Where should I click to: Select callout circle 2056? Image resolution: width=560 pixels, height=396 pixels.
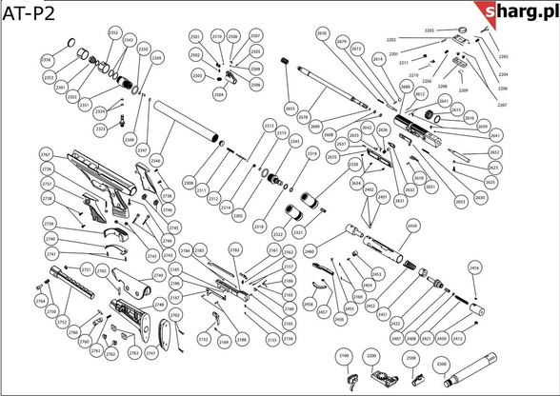[47, 60]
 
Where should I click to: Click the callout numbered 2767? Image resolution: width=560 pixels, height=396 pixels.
[45, 154]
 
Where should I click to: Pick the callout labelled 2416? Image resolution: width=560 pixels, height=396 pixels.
[474, 269]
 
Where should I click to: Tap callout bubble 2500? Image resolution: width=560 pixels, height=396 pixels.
[411, 358]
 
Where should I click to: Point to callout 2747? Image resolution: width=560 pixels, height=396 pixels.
[150, 353]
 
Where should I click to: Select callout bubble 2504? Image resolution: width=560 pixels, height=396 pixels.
[218, 95]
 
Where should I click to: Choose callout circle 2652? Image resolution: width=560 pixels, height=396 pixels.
[494, 152]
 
